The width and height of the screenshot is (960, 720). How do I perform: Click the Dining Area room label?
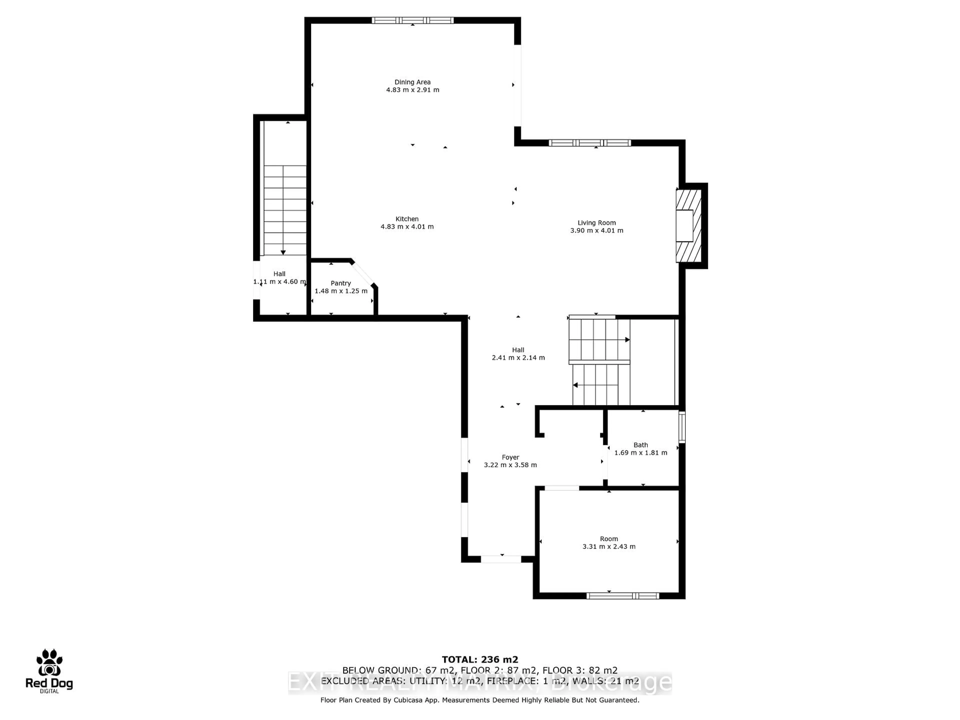point(412,82)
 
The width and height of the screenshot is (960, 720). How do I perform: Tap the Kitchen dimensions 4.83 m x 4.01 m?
point(407,226)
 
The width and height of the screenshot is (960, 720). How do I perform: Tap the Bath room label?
point(640,445)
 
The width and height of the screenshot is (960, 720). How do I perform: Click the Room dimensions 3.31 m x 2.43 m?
point(609,546)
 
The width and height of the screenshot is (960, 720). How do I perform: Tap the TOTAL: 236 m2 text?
point(480,660)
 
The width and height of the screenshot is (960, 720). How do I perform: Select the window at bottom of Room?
point(623,596)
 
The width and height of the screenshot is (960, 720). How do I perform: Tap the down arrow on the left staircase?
point(283,252)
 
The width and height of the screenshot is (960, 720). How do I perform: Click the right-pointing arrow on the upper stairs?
point(627,340)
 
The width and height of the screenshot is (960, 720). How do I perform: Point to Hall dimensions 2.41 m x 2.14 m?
point(518,357)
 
